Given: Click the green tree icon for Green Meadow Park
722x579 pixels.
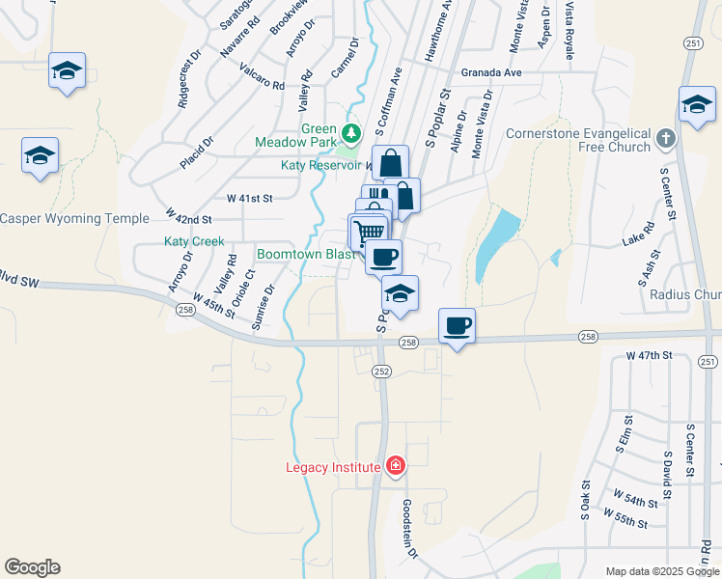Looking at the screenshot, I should pyautogui.click(x=351, y=131).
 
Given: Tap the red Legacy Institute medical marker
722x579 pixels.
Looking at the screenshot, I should pyautogui.click(x=395, y=467).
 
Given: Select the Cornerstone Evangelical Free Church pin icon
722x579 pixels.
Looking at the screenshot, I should pyautogui.click(x=664, y=140).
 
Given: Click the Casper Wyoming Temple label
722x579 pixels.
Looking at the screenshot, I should pyautogui.click(x=74, y=218).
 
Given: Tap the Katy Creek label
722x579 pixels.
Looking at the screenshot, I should pyautogui.click(x=194, y=241).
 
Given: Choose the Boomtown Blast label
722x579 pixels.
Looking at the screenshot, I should pyautogui.click(x=301, y=254).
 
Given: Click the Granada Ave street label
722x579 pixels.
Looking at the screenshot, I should pyautogui.click(x=490, y=72).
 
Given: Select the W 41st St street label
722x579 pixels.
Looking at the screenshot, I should pyautogui.click(x=250, y=198).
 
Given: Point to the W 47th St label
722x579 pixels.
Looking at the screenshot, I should pyautogui.click(x=648, y=356).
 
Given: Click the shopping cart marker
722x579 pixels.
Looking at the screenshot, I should pyautogui.click(x=368, y=232).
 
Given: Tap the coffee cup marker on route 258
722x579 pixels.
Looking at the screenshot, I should pyautogui.click(x=457, y=325).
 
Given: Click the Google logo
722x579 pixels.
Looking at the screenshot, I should pyautogui.click(x=32, y=567).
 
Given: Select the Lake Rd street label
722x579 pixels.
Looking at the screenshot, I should pyautogui.click(x=638, y=235).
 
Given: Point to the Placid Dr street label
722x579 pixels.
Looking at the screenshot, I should pyautogui.click(x=197, y=153).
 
